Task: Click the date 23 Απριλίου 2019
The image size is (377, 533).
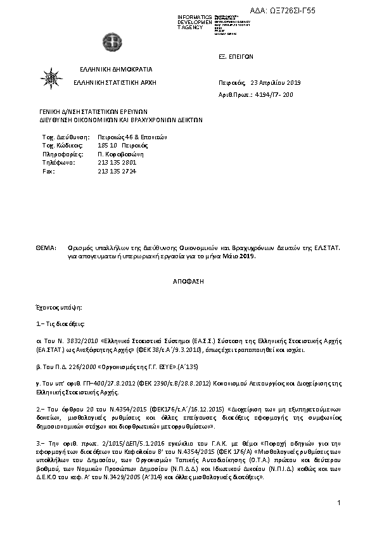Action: point(276,83)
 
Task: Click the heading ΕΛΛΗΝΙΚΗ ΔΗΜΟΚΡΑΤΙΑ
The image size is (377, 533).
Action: point(116,69)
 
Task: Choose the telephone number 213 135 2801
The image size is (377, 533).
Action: point(117,163)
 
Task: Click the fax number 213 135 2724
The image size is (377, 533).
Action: point(117,172)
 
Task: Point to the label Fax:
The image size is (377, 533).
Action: point(48,172)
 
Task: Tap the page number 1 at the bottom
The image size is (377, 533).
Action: point(340,503)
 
